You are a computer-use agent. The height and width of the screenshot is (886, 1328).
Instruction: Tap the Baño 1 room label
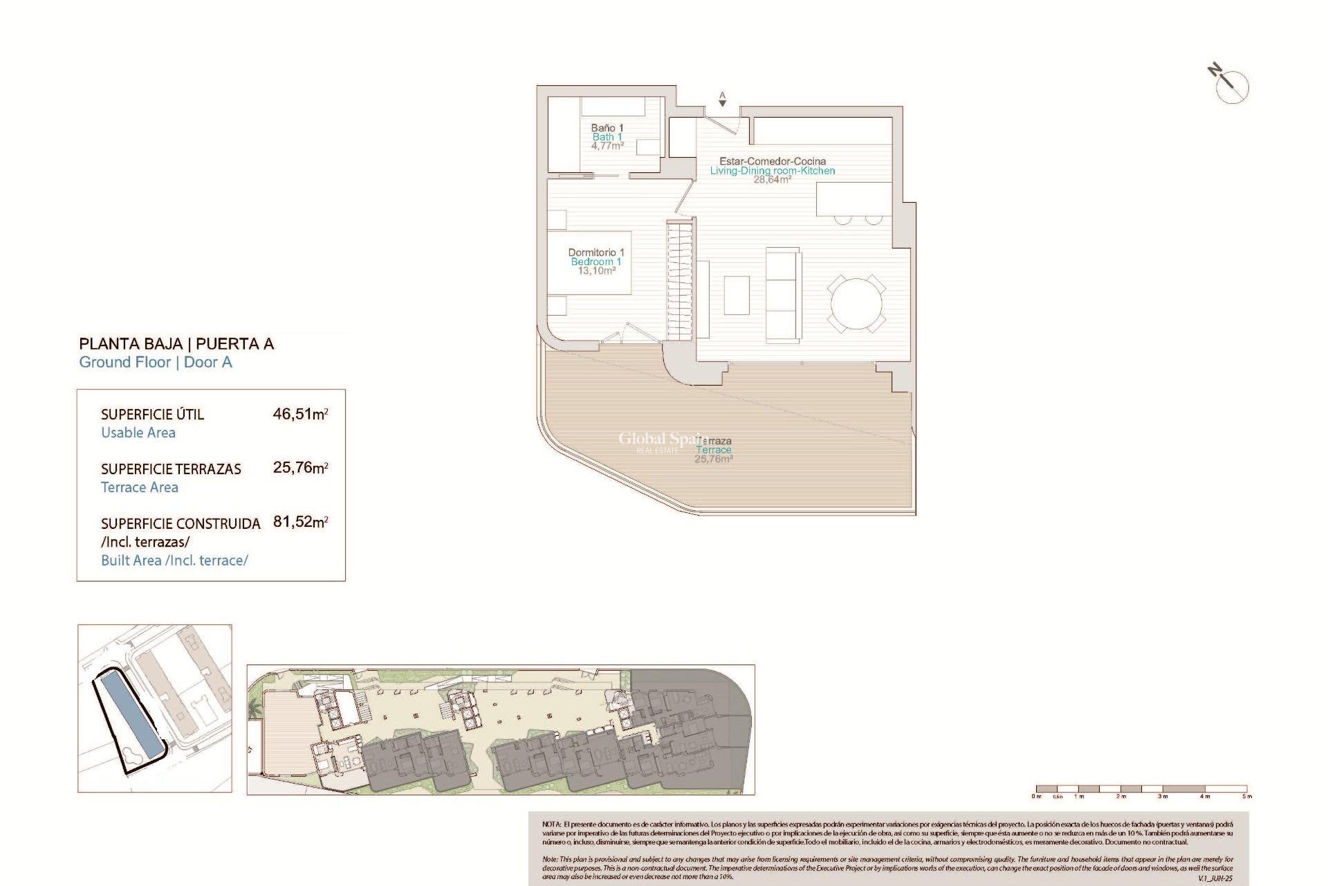point(607,128)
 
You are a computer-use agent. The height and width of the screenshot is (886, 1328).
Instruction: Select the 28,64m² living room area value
point(772,180)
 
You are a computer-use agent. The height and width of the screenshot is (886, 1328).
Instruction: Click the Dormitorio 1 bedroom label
point(596,253)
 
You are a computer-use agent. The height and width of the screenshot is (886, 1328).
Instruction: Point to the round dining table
point(856,304)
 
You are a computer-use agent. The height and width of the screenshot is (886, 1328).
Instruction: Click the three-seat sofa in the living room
point(783,295)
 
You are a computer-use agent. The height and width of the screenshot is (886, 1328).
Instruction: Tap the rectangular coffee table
point(737,295)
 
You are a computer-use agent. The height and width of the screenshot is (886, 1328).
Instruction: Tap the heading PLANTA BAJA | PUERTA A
point(176,344)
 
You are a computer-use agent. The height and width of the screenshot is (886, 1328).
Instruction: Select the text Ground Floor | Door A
point(156,362)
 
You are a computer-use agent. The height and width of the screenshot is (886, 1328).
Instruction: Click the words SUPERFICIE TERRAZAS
point(171,469)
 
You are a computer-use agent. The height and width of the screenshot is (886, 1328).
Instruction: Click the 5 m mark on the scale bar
point(1246,796)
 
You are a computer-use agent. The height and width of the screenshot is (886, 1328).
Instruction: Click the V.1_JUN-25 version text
point(1215,878)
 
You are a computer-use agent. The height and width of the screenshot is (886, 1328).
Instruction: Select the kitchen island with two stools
point(854,200)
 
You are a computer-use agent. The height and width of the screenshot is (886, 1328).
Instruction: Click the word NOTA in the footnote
point(551,824)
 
